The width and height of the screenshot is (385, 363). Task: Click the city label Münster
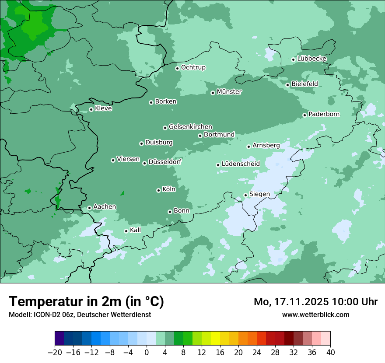pyautogui.click(x=229, y=92)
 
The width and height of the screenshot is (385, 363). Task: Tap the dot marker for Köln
pyautogui.click(x=158, y=190)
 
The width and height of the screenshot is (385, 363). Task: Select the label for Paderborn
pyautogui.click(x=324, y=114)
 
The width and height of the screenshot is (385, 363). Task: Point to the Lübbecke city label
pyautogui.click(x=311, y=59)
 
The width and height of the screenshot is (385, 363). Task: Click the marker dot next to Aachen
pyautogui.click(x=89, y=208)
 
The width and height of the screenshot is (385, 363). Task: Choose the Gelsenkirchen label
pyautogui.click(x=190, y=127)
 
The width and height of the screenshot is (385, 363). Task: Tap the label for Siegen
pyautogui.click(x=259, y=194)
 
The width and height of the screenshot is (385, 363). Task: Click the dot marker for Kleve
pyautogui.click(x=91, y=109)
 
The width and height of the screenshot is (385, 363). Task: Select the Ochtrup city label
pyautogui.click(x=193, y=67)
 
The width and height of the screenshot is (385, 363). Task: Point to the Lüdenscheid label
pyautogui.click(x=241, y=164)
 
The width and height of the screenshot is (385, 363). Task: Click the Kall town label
pyautogui.click(x=136, y=230)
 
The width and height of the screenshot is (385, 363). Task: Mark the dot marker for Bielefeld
pyautogui.click(x=287, y=85)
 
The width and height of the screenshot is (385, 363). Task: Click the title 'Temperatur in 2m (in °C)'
pyautogui.click(x=86, y=301)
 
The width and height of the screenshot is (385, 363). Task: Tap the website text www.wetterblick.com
pyautogui.click(x=315, y=314)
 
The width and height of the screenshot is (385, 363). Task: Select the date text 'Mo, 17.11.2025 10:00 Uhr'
pyautogui.click(x=315, y=302)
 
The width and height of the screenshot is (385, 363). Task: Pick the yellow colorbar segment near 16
pyautogui.click(x=215, y=339)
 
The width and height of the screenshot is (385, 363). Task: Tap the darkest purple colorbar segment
pyautogui.click(x=59, y=339)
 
